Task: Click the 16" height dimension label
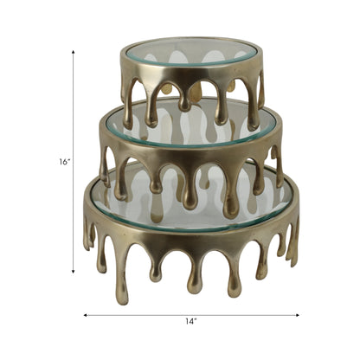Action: [64, 161]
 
